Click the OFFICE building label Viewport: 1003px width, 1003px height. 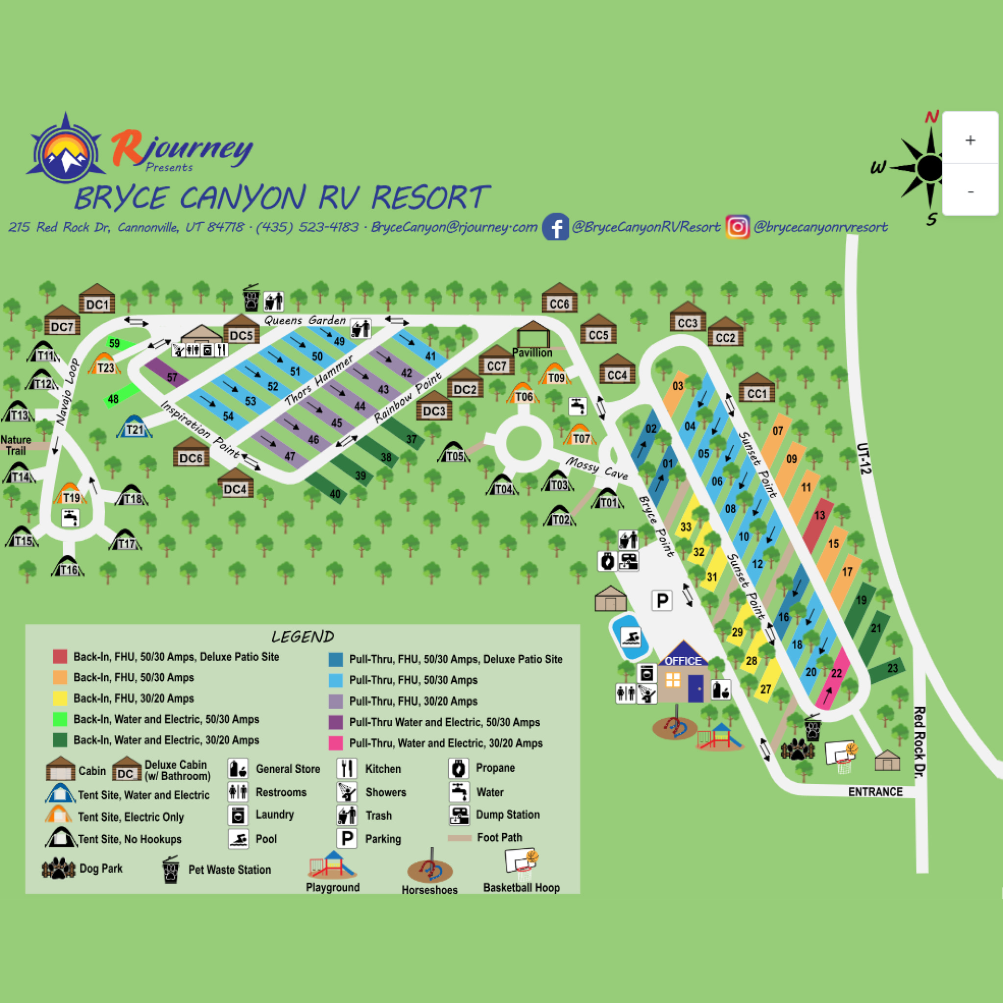pos(683,661)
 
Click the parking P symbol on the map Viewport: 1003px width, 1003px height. pos(662,600)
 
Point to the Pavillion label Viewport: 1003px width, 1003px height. pos(532,353)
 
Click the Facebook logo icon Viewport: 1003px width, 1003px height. pos(555,227)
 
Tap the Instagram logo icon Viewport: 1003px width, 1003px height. pos(737,227)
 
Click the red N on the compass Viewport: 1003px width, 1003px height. pos(931,117)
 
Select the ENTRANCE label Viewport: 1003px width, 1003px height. pos(875,792)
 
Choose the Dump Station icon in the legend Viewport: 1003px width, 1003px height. pos(459,815)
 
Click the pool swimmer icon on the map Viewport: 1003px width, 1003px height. pos(631,638)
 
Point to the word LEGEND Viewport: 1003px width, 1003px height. pos(303,637)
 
